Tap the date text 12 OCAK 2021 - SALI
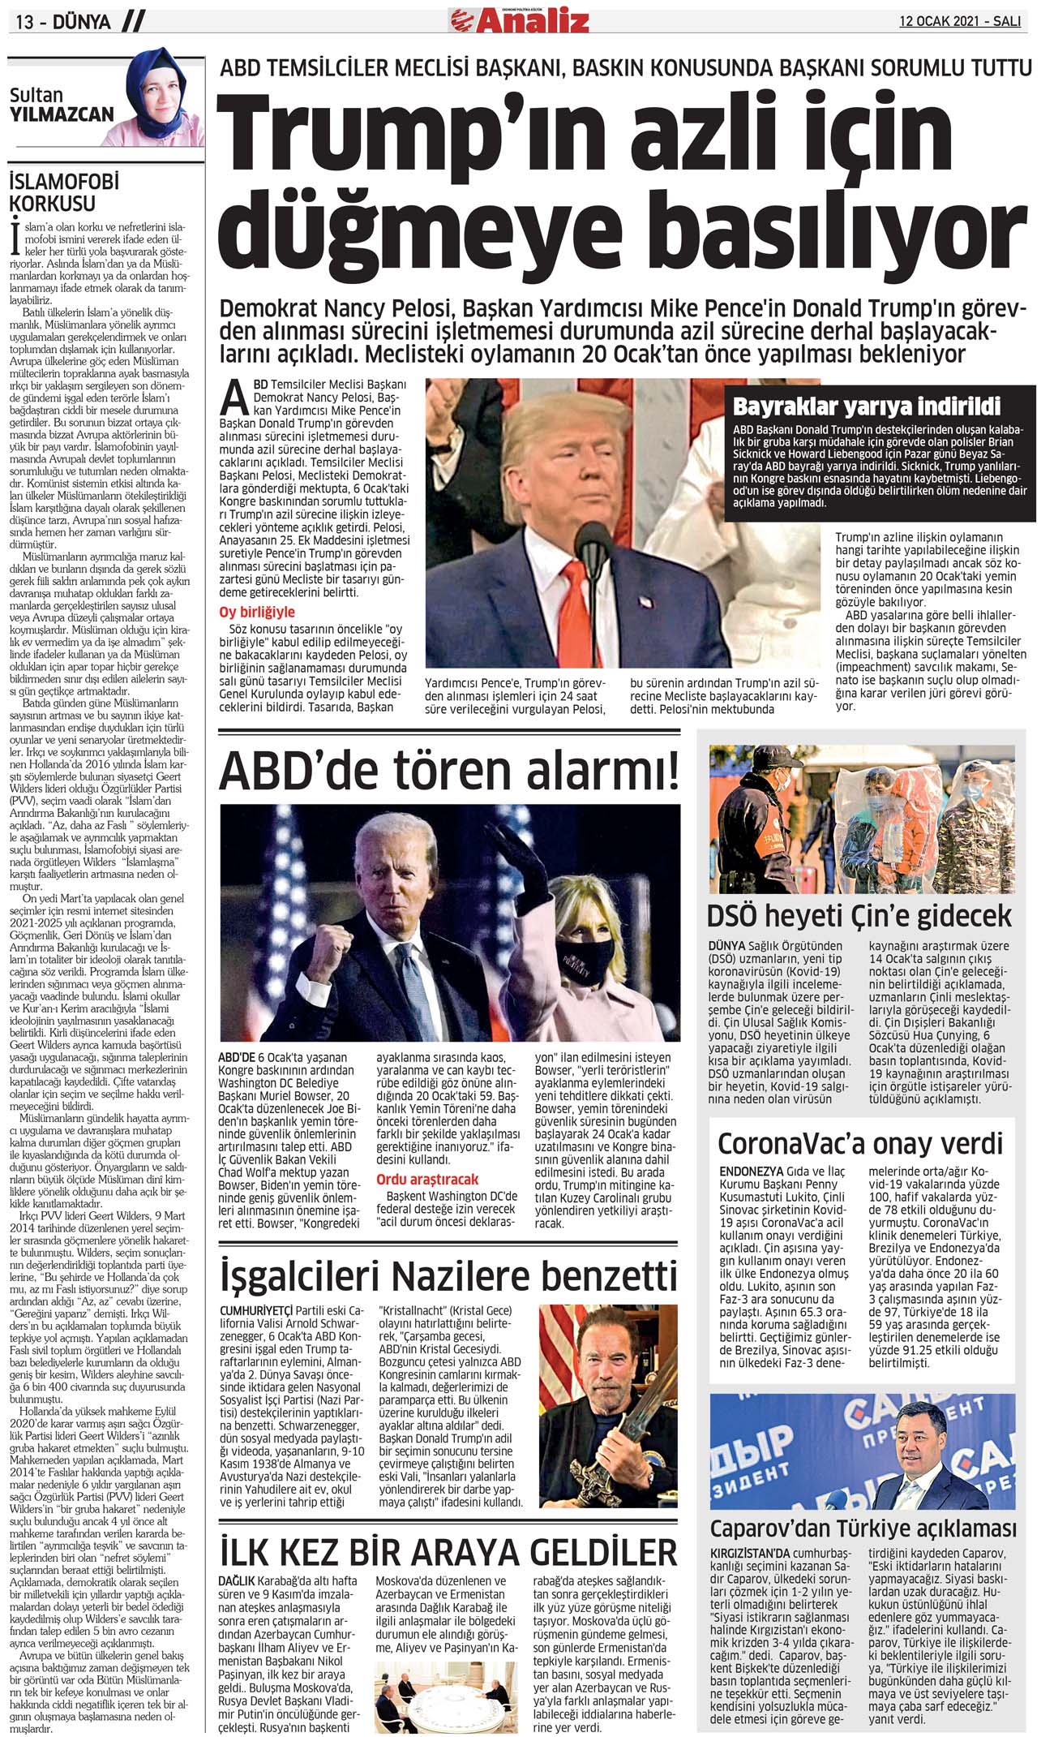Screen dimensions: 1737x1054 click(959, 21)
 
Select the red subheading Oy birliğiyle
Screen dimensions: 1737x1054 click(257, 612)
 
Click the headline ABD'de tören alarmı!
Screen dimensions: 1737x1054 click(448, 771)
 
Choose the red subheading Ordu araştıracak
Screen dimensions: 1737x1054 click(427, 1179)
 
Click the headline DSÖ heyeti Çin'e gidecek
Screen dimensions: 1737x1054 click(859, 915)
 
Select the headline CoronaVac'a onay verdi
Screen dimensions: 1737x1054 click(860, 1143)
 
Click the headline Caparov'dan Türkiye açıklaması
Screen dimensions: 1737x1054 click(863, 1528)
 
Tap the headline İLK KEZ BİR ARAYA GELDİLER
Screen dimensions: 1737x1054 click(448, 1552)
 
